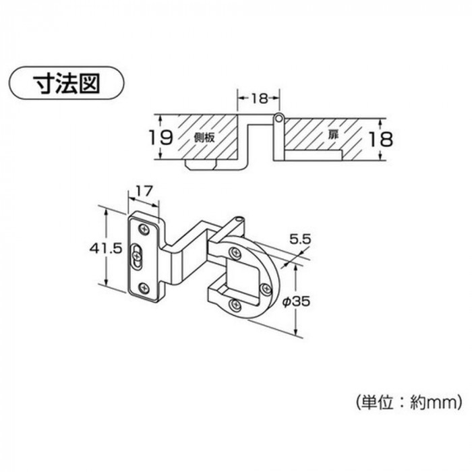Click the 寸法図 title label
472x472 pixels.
(66, 83)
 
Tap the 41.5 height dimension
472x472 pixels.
(106, 249)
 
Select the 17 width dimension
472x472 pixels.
(144, 191)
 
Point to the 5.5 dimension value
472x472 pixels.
(300, 239)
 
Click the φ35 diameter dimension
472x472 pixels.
(296, 301)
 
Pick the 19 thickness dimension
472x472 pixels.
(162, 138)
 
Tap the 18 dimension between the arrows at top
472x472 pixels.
(259, 98)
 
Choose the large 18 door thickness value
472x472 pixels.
(381, 140)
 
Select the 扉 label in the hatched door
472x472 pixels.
(333, 135)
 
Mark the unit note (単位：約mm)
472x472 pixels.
(409, 402)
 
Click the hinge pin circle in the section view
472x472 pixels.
(279, 118)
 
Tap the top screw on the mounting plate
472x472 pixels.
(145, 230)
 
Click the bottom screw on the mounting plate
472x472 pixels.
(145, 289)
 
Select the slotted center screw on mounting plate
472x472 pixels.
(137, 256)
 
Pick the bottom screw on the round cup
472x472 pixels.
(235, 305)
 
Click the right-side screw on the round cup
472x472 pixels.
(266, 289)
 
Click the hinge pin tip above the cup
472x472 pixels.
(240, 218)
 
